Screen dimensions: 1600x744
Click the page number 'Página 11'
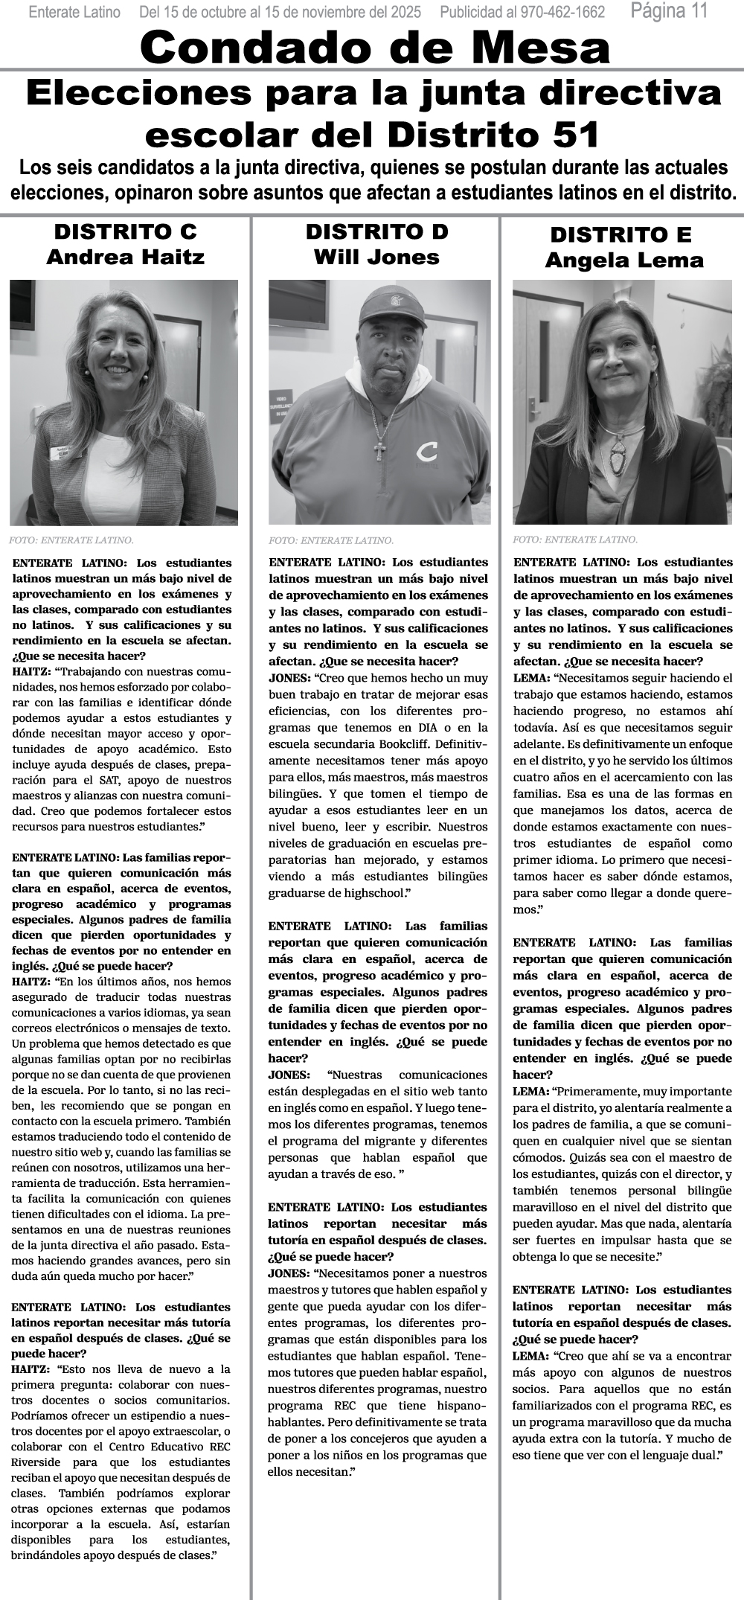click(x=669, y=11)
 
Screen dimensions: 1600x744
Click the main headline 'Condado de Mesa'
click(x=374, y=48)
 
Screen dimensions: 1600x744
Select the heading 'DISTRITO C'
click(x=125, y=231)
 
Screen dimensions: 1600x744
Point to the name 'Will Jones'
click(x=376, y=257)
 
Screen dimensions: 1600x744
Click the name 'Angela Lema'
click(x=624, y=260)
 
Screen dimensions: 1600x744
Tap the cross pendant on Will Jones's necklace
click(x=379, y=449)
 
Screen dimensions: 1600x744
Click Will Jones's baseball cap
click(x=391, y=305)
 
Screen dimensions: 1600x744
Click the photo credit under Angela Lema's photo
click(x=575, y=540)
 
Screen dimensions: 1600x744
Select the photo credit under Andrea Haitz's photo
click(x=71, y=540)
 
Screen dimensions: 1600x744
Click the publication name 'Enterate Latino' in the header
click(x=74, y=13)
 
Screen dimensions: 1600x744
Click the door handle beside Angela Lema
click(x=534, y=406)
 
